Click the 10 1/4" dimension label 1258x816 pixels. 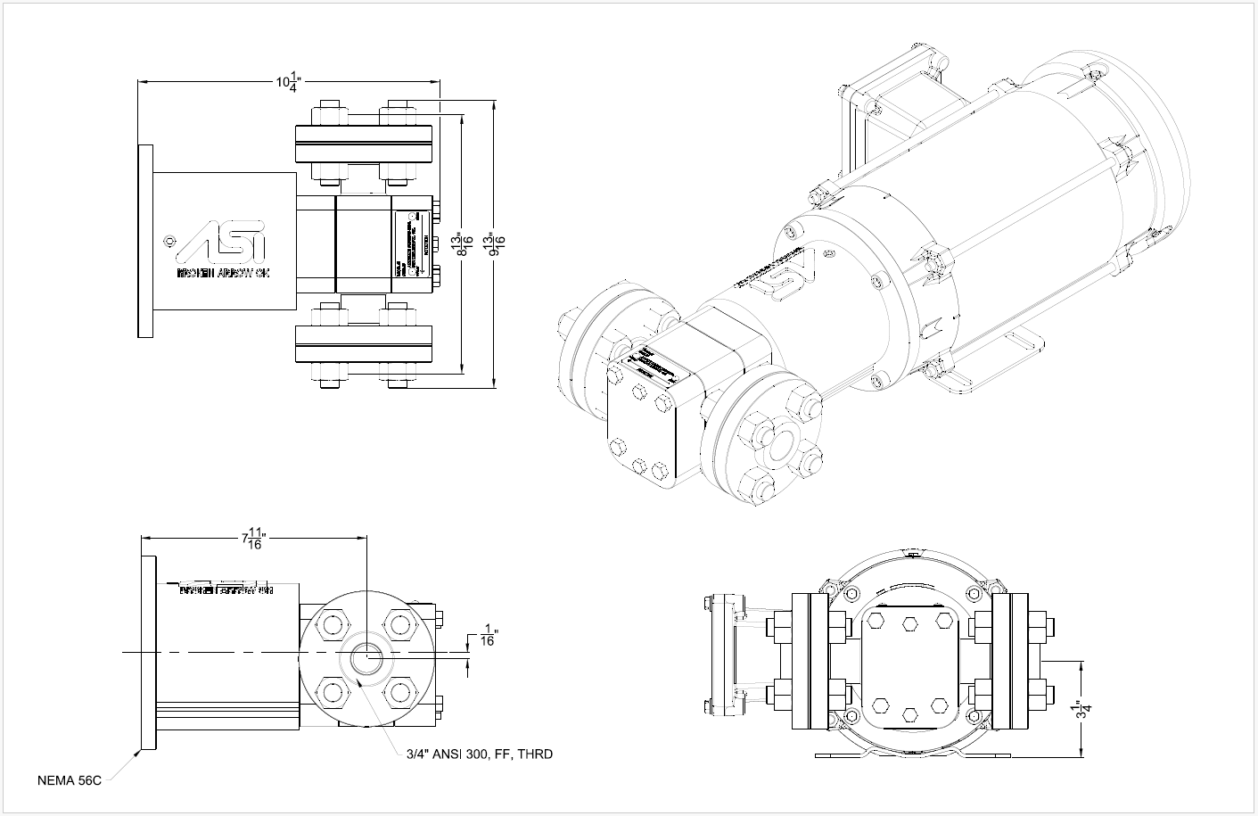(288, 83)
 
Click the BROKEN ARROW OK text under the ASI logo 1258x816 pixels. (224, 272)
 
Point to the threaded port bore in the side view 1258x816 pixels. (366, 659)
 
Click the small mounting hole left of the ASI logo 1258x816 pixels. (171, 240)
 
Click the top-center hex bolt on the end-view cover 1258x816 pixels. (910, 623)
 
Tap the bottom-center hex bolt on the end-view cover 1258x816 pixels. (910, 714)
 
